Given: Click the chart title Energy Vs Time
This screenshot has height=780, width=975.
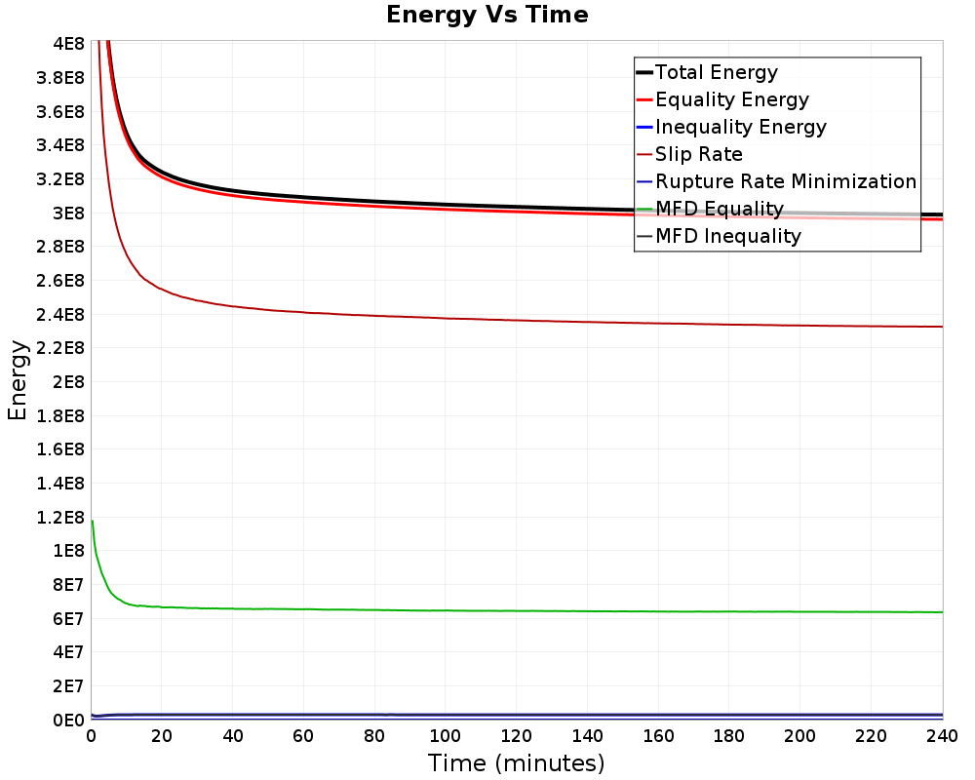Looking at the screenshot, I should click(x=487, y=15).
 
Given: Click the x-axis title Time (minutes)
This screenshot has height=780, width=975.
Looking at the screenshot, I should click(x=516, y=762).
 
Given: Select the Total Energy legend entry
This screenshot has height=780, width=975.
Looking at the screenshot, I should click(x=717, y=72).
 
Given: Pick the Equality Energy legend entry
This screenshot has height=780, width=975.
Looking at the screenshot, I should click(x=732, y=99).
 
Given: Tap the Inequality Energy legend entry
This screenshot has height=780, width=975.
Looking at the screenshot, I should click(x=741, y=127).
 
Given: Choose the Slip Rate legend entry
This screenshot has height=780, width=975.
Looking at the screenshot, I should click(x=699, y=154).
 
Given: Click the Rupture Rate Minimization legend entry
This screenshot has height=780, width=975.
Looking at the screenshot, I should click(x=786, y=181).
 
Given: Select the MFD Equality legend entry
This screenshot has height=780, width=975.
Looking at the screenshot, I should click(x=720, y=209).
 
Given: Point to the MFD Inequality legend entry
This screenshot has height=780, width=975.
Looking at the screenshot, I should click(x=728, y=236).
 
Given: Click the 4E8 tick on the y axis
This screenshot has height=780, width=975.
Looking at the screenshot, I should click(x=67, y=44).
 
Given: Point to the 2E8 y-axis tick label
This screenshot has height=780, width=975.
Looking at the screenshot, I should click(x=67, y=382).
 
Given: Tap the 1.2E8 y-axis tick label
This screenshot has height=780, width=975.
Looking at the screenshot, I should click(x=60, y=517).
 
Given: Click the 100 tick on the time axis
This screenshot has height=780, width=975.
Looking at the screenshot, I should click(x=446, y=735).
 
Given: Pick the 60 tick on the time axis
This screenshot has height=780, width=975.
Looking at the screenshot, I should click(x=303, y=735).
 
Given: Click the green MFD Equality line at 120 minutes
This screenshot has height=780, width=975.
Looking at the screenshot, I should click(x=517, y=610).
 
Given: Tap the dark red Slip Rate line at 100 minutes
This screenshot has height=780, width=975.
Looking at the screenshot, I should click(x=446, y=318).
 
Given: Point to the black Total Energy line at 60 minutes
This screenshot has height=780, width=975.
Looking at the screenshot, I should click(x=303, y=197).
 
